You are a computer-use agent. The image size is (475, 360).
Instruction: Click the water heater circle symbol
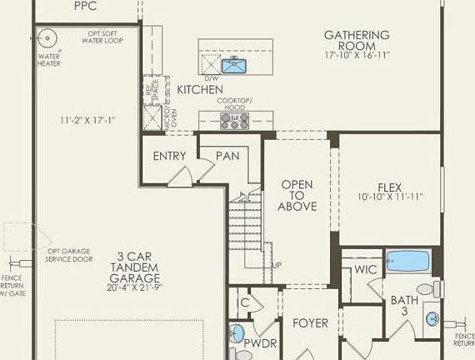tap(47, 38)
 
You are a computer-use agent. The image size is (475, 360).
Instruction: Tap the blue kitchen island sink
tap(232, 65)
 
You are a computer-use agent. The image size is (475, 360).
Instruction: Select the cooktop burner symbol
tap(233, 121)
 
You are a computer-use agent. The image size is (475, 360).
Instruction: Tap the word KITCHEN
tap(200, 89)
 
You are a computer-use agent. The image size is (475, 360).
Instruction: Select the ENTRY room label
tap(170, 156)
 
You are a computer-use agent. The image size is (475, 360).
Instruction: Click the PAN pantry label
tap(227, 156)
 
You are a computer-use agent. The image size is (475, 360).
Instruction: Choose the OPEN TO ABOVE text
tap(297, 195)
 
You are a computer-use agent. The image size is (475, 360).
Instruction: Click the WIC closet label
tap(365, 269)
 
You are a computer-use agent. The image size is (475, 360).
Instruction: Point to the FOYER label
tap(309, 322)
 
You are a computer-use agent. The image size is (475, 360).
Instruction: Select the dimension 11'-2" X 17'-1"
tap(88, 120)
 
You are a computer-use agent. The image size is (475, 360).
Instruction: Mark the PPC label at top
tap(85, 6)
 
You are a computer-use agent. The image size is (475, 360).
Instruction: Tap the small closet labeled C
tap(244, 302)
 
